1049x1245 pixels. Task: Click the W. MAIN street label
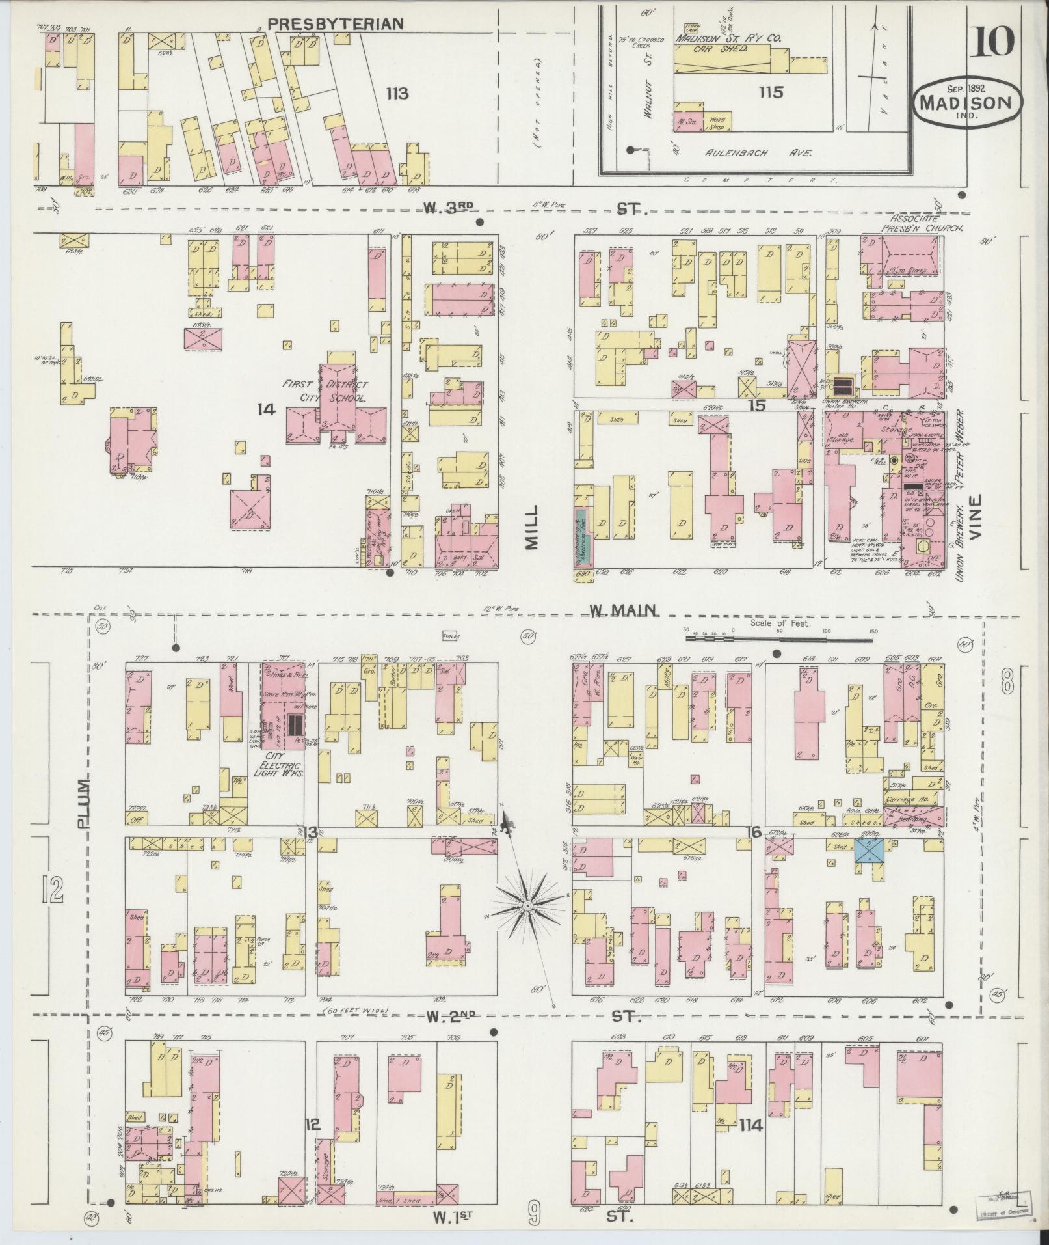coord(622,610)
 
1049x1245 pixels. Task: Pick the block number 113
coord(396,94)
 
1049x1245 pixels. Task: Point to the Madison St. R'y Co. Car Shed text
coord(727,43)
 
